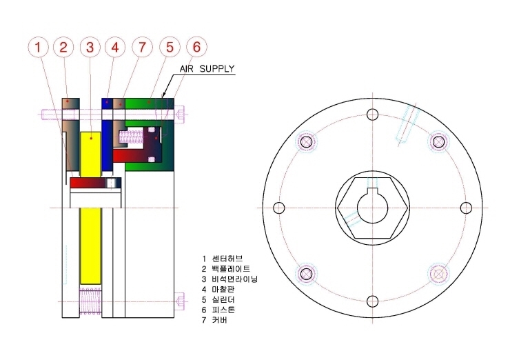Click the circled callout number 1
38,47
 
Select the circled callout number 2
63,47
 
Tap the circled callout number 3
90,47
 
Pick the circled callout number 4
115,47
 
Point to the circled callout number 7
142,47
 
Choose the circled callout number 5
170,47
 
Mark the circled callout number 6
197,47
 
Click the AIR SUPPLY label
207,69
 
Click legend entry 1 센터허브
222,259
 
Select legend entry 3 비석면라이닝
229,279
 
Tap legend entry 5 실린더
218,299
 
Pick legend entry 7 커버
214,320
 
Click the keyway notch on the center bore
372,192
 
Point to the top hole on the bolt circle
372,114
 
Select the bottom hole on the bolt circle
372,301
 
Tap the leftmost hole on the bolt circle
279,208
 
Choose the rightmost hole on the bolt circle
466,208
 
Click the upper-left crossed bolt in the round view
306,141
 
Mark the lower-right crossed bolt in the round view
438,274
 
